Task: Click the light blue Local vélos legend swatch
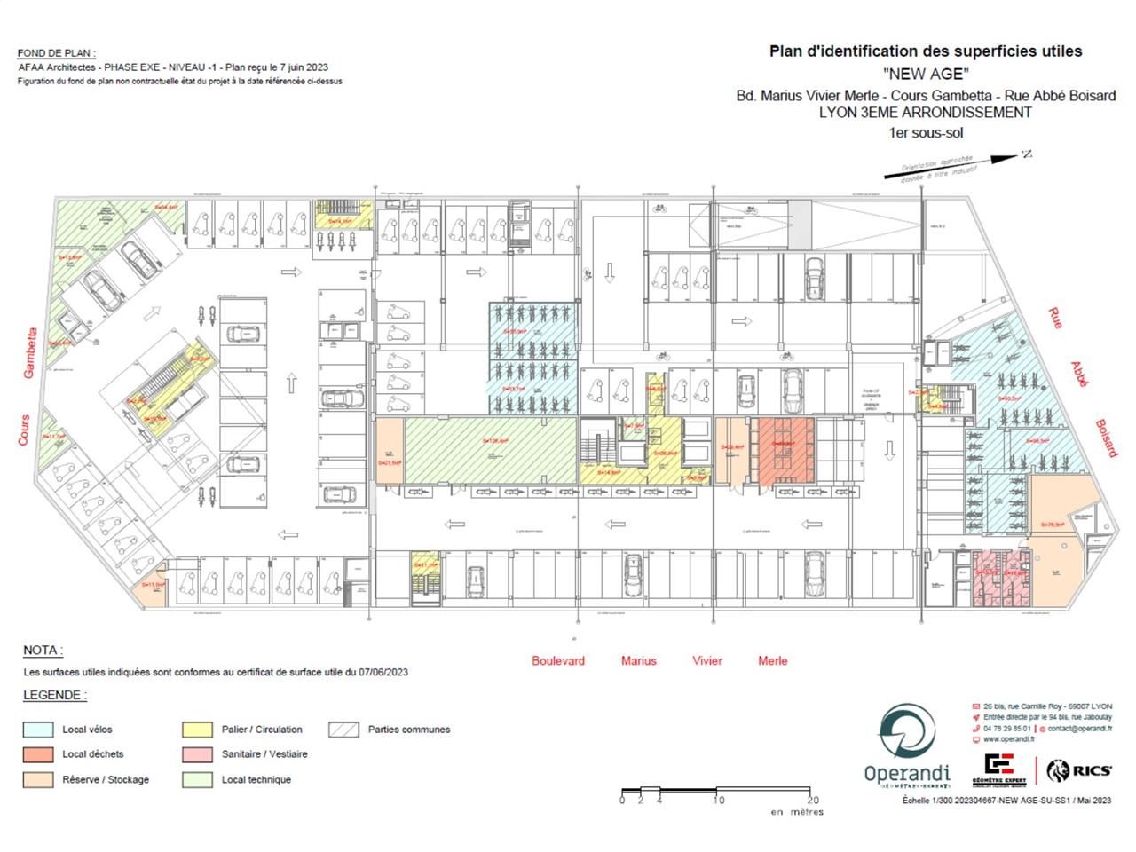(x=37, y=730)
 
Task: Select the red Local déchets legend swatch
(x=37, y=754)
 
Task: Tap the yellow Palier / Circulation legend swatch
(x=196, y=730)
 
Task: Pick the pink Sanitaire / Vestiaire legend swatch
(x=196, y=754)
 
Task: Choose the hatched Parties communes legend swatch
(x=343, y=730)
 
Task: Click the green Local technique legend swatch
(x=196, y=780)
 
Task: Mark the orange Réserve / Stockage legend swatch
(x=37, y=780)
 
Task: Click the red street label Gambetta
(x=30, y=352)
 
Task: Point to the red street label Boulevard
(x=558, y=660)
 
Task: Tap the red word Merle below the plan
(x=772, y=660)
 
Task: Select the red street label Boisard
(x=1106, y=438)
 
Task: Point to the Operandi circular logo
(x=906, y=734)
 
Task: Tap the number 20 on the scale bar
(x=814, y=800)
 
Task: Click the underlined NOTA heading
(x=43, y=651)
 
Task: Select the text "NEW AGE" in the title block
(x=926, y=74)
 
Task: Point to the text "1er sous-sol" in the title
(x=926, y=133)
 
